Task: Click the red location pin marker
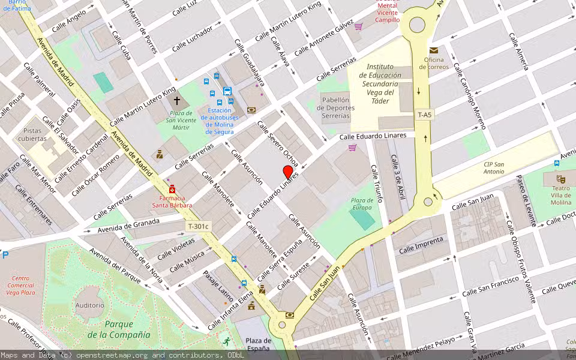[288, 173]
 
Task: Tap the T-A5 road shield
[424, 115]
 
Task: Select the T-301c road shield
[198, 226]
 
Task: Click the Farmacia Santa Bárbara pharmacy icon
[172, 189]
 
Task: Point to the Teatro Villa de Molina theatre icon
[560, 179]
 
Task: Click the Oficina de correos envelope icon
[433, 50]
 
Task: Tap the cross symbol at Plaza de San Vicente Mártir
[177, 101]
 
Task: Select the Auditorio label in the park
[89, 305]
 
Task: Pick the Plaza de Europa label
[362, 204]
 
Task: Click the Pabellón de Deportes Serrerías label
[338, 107]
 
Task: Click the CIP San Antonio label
[494, 168]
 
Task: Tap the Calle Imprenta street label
[421, 245]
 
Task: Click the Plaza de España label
[259, 344]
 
